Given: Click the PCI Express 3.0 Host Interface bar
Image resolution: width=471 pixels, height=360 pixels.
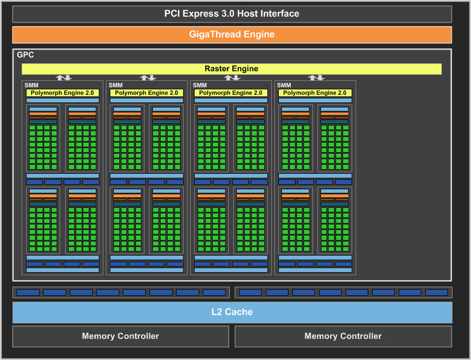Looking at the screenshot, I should [x=232, y=14].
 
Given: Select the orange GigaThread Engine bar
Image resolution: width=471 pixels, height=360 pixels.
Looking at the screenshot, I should [x=232, y=35].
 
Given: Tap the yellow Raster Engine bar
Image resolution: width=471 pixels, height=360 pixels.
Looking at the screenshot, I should [x=231, y=69].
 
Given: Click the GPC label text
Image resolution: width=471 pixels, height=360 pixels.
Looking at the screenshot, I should [x=26, y=55].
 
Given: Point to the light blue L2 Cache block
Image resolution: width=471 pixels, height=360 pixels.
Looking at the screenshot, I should [x=232, y=312].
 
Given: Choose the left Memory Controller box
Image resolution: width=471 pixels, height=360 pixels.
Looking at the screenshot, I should [x=120, y=336].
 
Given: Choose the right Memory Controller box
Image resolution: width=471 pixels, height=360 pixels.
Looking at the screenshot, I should [x=343, y=336].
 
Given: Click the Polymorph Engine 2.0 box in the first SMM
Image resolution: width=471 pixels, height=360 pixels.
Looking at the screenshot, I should [x=62, y=93].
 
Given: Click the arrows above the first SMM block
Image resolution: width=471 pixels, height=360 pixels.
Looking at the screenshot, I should [x=63, y=78].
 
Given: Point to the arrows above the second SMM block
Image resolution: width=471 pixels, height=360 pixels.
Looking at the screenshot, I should [x=147, y=78].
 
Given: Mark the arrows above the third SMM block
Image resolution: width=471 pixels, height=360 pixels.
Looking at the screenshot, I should [x=232, y=78].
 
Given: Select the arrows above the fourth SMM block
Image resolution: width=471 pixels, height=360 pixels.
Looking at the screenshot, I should [x=316, y=78].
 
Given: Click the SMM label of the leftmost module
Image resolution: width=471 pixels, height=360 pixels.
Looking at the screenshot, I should [x=31, y=85].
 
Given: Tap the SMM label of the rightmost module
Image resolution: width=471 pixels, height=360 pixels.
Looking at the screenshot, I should [x=284, y=85].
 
